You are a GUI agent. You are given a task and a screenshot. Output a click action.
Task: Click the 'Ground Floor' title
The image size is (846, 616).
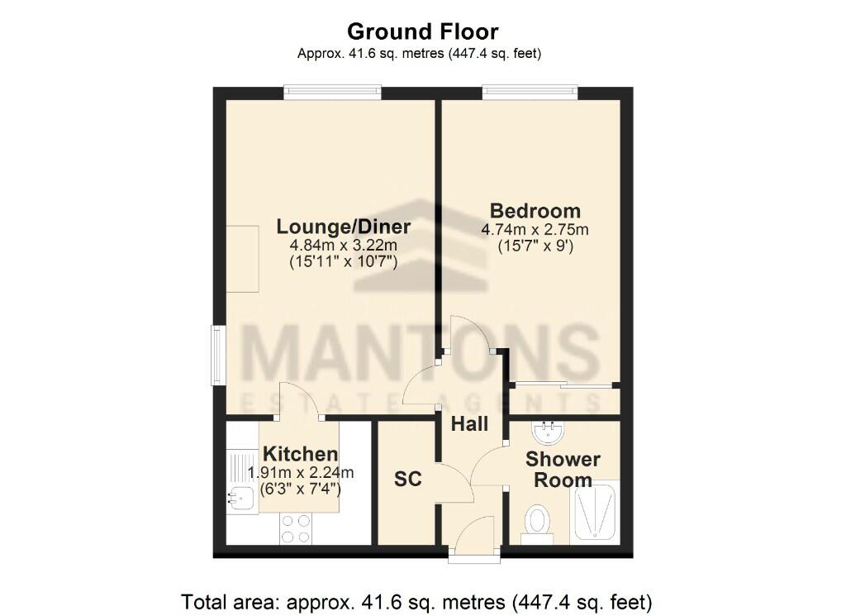(x=422, y=32)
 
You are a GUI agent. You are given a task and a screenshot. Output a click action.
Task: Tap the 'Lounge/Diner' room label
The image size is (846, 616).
(x=343, y=227)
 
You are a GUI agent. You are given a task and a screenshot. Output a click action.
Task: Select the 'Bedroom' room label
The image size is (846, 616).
(x=535, y=210)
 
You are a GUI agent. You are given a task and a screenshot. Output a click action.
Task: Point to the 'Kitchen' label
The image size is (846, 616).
(x=300, y=454)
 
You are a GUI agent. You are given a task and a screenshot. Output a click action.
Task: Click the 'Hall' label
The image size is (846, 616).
(x=469, y=424)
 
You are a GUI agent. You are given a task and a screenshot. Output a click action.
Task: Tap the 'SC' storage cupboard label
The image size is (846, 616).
(x=408, y=479)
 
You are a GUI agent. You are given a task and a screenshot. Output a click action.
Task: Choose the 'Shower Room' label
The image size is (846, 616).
(x=563, y=469)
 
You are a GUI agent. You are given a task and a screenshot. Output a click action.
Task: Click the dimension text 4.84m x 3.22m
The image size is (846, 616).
(x=343, y=246)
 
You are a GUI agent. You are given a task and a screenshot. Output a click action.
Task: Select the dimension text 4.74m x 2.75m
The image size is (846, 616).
(x=535, y=229)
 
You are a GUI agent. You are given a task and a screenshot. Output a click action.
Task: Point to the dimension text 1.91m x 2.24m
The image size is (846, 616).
(x=301, y=473)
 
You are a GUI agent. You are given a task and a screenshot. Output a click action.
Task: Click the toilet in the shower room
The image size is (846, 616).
(x=538, y=523)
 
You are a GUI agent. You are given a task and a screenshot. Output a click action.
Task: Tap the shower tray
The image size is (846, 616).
(x=594, y=512)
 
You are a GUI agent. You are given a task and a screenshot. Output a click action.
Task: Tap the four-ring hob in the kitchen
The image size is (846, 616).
(x=296, y=528)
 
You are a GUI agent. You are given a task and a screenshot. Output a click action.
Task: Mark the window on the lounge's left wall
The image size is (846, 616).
(x=217, y=355)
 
